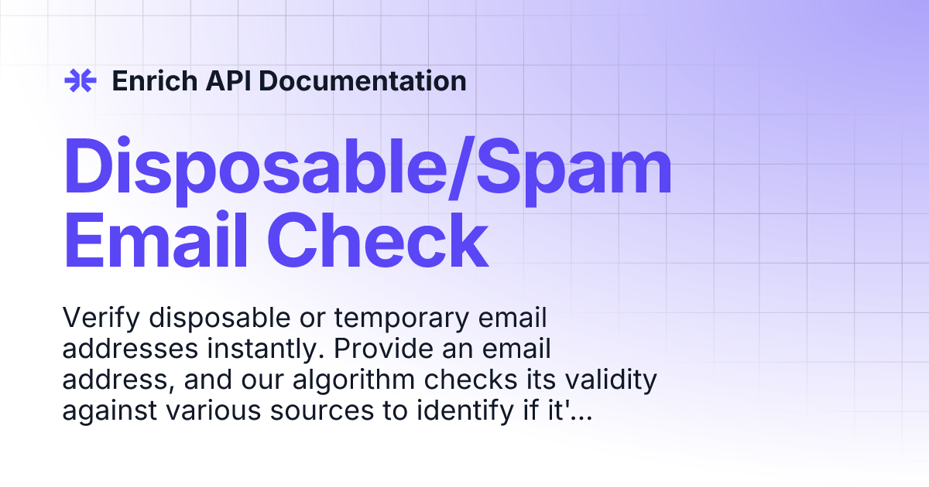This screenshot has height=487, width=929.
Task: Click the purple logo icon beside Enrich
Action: pyautogui.click(x=80, y=80)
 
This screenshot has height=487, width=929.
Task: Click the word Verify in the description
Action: pyautogui.click(x=98, y=318)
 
